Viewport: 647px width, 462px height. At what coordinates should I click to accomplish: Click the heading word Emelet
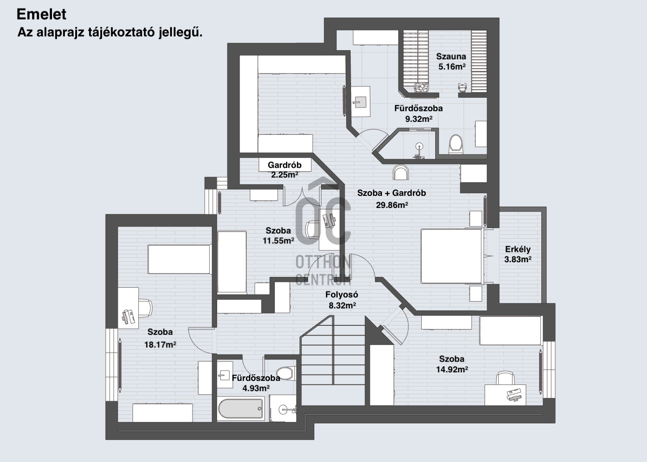pyautogui.click(x=41, y=14)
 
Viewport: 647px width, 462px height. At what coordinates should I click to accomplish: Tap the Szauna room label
pyautogui.click(x=451, y=56)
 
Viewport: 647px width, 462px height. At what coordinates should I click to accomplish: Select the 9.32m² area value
pyautogui.click(x=419, y=119)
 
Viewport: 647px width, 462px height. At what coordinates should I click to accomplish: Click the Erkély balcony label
pyautogui.click(x=518, y=249)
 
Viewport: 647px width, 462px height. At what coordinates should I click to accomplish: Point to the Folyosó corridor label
pyautogui.click(x=342, y=294)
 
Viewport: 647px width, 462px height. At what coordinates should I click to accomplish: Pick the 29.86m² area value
pyautogui.click(x=392, y=205)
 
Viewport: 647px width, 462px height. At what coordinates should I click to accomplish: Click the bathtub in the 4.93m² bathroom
pyautogui.click(x=241, y=409)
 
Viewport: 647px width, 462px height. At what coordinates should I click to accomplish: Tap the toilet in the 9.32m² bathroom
pyautogui.click(x=456, y=144)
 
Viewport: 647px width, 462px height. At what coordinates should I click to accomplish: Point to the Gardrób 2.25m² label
pyautogui.click(x=284, y=169)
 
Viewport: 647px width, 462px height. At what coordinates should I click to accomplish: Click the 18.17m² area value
pyautogui.click(x=160, y=345)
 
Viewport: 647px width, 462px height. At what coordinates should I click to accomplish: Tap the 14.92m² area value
pyautogui.click(x=452, y=369)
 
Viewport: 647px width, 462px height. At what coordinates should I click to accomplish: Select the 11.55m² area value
pyautogui.click(x=278, y=240)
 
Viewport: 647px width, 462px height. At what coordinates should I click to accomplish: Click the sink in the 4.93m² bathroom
pyautogui.click(x=225, y=375)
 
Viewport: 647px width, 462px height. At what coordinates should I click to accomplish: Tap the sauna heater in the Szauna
pyautogui.click(x=421, y=87)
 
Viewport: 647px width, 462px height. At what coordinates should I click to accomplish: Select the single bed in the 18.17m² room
pyautogui.click(x=179, y=259)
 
